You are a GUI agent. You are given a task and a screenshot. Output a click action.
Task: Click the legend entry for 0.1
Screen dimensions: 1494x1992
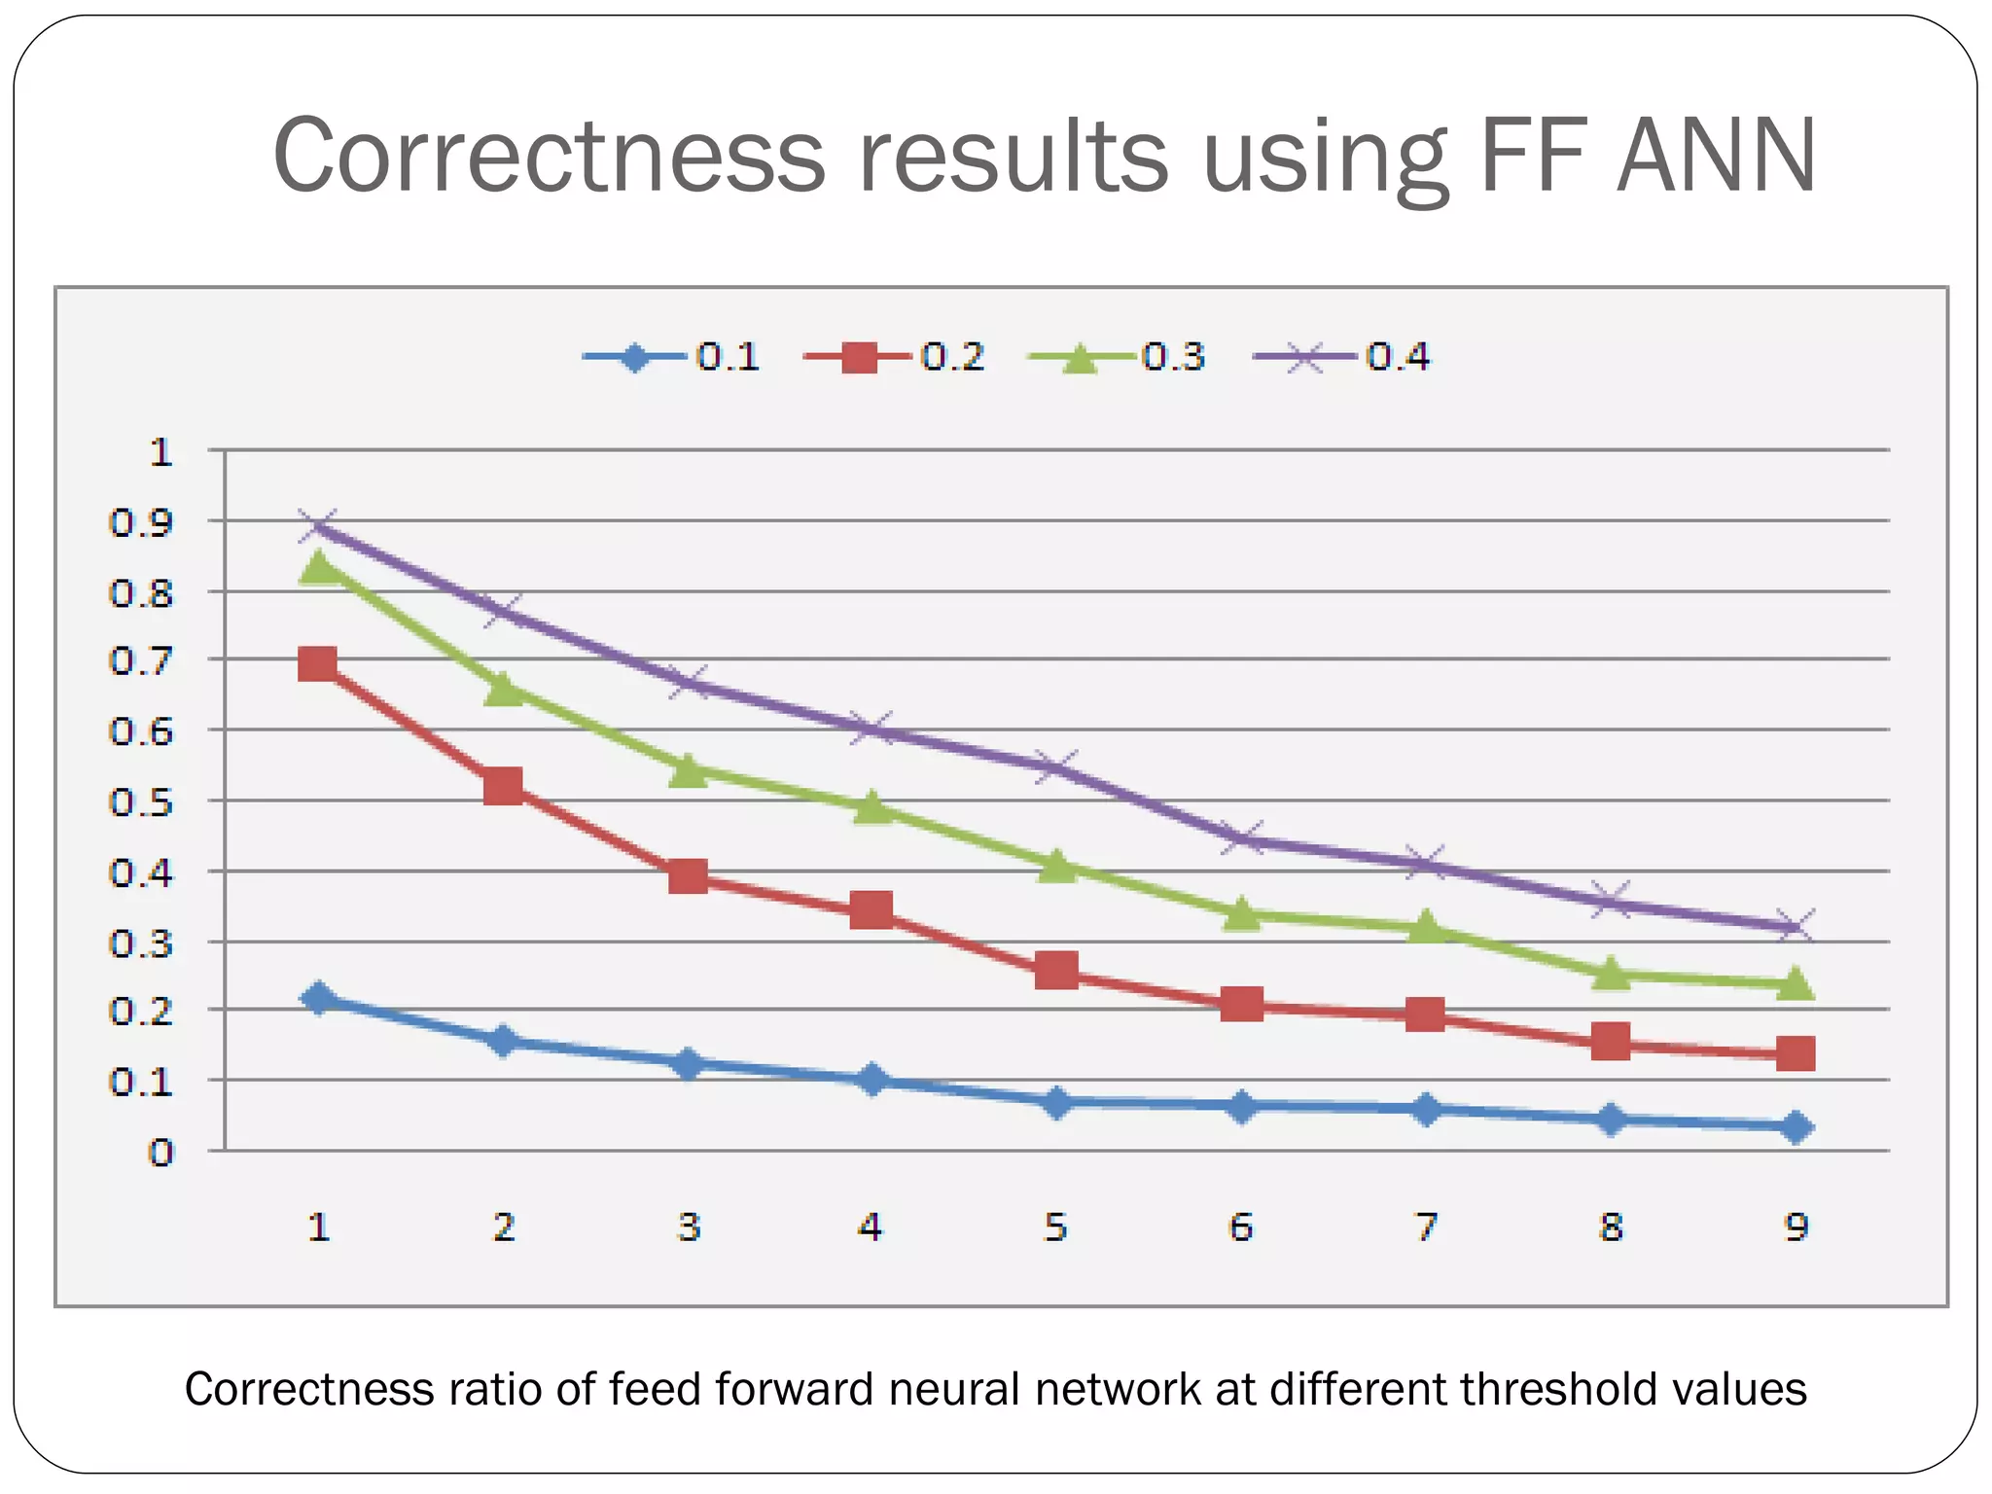(671, 357)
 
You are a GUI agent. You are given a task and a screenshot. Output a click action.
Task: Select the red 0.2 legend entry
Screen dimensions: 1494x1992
(895, 357)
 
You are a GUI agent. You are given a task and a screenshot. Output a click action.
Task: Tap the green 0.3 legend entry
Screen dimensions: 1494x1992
(1117, 357)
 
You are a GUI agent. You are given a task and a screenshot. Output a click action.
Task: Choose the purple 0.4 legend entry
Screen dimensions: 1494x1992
(1342, 357)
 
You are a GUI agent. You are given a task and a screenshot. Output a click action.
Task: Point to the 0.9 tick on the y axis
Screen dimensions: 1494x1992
(141, 523)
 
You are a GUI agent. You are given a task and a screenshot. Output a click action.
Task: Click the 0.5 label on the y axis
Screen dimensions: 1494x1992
(141, 802)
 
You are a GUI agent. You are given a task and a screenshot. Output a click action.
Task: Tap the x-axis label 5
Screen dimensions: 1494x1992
(1056, 1227)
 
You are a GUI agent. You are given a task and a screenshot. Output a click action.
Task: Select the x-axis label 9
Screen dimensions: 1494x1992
(1796, 1227)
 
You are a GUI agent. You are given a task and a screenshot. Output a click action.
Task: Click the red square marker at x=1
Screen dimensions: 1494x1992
(318, 665)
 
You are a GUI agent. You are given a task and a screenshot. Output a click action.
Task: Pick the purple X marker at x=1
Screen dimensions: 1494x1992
(318, 526)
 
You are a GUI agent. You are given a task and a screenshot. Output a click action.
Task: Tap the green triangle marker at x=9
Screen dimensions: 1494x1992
(1796, 983)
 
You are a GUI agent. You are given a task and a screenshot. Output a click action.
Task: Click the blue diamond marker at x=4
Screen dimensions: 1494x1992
(872, 1080)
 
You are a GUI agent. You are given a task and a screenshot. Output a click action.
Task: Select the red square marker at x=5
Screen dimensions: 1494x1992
(1056, 971)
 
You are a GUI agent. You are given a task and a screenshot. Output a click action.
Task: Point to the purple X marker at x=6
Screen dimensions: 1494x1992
(1242, 837)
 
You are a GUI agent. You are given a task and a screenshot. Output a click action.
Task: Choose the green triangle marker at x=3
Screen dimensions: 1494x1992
(688, 770)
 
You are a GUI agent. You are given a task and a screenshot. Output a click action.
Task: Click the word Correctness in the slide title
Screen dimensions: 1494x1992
(549, 156)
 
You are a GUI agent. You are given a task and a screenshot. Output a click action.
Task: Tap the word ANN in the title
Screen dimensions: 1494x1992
(1716, 156)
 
